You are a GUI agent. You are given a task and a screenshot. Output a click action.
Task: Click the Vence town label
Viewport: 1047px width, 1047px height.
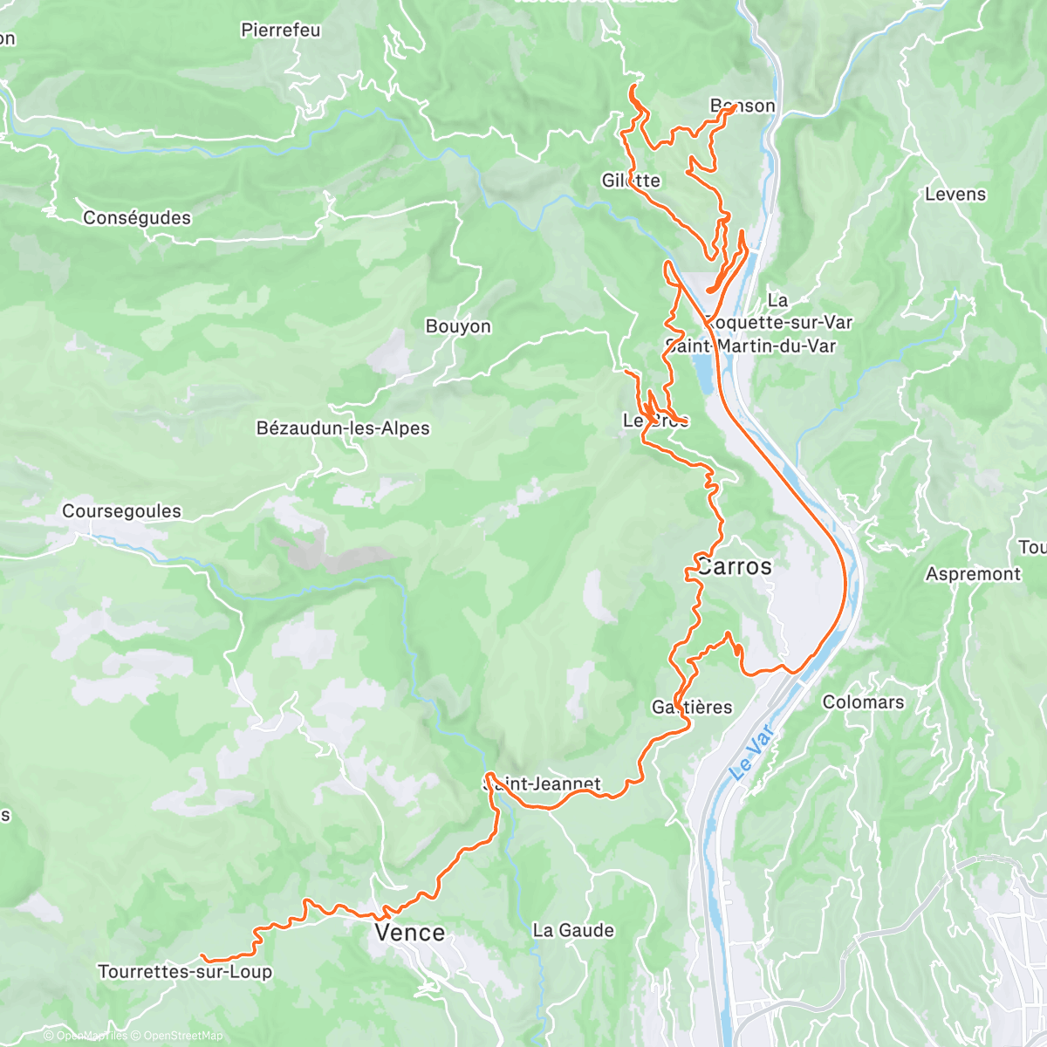[x=409, y=933]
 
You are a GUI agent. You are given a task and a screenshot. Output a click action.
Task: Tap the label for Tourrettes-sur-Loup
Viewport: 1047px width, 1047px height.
[x=185, y=972]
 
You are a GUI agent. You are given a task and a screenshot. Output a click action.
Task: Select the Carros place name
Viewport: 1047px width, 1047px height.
[x=734, y=566]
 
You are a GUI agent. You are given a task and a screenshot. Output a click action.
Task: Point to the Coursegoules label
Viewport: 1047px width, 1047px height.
[x=121, y=511]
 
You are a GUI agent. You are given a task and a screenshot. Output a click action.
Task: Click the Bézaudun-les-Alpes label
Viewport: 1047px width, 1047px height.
[x=343, y=428]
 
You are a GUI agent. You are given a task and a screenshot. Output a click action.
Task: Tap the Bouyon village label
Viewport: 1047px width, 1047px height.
[x=458, y=326]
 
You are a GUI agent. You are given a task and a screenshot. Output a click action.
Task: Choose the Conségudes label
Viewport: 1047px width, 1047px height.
[x=137, y=217]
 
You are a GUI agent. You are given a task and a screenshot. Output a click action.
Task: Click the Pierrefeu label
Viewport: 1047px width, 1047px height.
[x=280, y=31]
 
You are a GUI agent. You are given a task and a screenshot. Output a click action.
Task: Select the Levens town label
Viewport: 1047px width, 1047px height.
[x=955, y=194]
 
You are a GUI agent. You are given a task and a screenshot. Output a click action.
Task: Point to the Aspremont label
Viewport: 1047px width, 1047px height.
[x=973, y=574]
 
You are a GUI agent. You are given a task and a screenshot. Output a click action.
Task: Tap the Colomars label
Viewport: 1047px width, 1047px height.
[x=863, y=702]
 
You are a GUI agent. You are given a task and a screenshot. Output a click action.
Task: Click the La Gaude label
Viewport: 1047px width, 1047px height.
[x=573, y=930]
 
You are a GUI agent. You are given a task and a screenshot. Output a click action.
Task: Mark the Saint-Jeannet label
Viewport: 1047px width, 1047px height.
[x=543, y=784]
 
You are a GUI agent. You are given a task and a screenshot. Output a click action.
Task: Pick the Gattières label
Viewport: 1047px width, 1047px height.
[x=692, y=707]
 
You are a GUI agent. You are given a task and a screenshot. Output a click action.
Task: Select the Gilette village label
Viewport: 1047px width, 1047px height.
[x=631, y=181]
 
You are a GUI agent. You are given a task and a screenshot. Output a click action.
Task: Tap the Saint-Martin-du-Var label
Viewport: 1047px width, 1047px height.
[x=750, y=346]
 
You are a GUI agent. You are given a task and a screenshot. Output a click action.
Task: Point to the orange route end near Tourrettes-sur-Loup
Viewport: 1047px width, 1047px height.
[x=202, y=956]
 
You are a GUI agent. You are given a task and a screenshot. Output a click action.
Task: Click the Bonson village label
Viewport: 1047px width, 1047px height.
[x=742, y=106]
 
